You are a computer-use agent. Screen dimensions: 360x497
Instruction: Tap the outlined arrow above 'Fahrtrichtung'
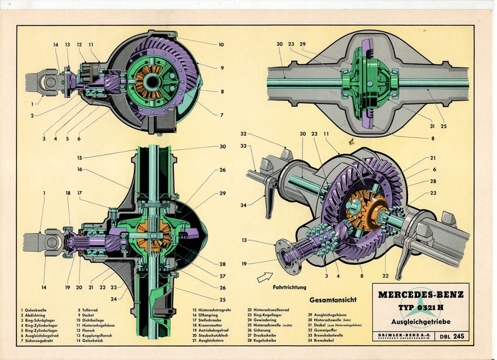(265, 277)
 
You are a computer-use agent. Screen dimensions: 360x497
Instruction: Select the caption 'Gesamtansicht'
(332, 299)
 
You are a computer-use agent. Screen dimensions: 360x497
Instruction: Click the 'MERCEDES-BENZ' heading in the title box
(420, 295)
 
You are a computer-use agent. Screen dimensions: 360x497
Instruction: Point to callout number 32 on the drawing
(243, 133)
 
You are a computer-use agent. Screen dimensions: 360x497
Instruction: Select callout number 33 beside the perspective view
(243, 146)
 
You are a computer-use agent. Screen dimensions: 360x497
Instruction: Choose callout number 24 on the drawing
(127, 297)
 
